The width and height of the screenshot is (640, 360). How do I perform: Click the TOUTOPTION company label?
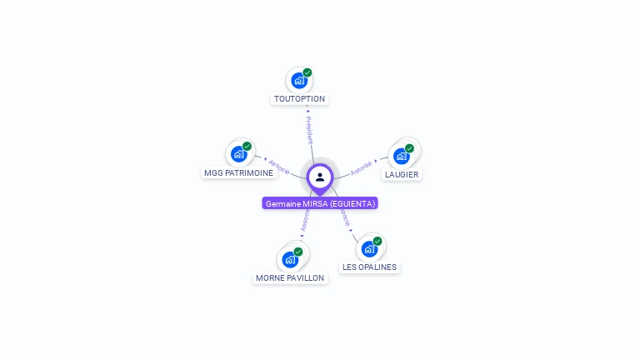(x=299, y=98)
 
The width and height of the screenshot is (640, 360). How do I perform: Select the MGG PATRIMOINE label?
(x=238, y=172)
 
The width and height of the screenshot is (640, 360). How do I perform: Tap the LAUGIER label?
(x=402, y=174)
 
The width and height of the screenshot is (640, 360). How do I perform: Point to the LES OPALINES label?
(x=370, y=267)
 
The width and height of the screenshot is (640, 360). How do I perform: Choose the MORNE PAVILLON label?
(x=290, y=277)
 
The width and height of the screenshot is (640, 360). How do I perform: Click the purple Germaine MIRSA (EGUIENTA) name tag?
(x=320, y=203)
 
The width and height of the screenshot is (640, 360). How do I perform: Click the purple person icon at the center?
(x=320, y=177)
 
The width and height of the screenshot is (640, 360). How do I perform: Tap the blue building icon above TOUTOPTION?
(x=297, y=81)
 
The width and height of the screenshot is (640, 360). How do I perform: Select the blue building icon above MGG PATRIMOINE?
(x=238, y=154)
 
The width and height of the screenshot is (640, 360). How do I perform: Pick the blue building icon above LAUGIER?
(x=401, y=156)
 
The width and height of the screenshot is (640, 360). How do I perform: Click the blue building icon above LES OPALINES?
(x=369, y=248)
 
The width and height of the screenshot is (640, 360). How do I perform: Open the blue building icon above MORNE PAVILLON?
(x=289, y=259)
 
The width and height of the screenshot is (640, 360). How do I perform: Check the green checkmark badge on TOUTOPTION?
(x=307, y=72)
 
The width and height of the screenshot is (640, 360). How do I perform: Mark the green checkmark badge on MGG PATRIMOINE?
(x=247, y=146)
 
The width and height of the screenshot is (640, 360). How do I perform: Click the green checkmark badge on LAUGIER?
(x=410, y=147)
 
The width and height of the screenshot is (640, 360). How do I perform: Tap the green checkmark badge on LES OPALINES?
(x=377, y=241)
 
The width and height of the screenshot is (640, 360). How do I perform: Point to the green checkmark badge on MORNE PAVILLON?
(x=298, y=251)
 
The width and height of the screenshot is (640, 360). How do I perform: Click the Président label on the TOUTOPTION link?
(x=308, y=130)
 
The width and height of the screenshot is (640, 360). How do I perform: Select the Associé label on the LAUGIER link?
(x=361, y=167)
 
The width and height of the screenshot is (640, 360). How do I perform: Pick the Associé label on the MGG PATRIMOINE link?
(x=279, y=167)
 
